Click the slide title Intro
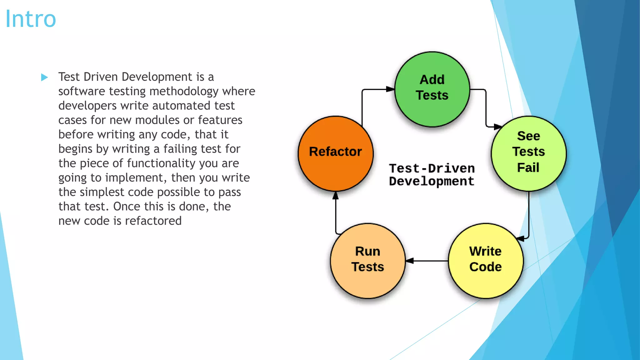31,19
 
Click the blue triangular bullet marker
44,77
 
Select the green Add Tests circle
432,89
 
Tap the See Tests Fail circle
528,153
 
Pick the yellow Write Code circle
485,261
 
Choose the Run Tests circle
367,261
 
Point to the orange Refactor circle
335,153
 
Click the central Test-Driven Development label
432,175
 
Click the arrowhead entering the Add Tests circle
390,89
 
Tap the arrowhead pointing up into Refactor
336,196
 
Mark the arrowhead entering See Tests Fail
497,127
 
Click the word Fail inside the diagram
528,168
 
